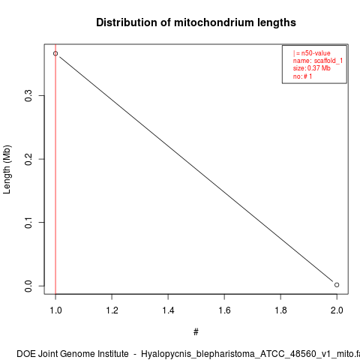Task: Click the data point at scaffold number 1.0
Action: tap(55, 53)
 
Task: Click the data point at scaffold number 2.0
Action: tap(337, 285)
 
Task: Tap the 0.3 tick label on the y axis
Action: tap(28, 96)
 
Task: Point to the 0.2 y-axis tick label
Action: tap(28, 159)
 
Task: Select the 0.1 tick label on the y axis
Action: tap(28, 222)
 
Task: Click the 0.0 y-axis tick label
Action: tap(28, 286)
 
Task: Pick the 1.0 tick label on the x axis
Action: tap(55, 310)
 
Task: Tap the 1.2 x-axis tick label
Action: tap(112, 310)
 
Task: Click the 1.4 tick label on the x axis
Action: tap(168, 310)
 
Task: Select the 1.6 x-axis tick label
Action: tap(224, 310)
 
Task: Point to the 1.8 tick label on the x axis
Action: tap(280, 310)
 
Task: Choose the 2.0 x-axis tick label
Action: tap(337, 310)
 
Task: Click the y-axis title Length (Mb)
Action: tap(7, 169)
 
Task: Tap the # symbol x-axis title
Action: tap(196, 332)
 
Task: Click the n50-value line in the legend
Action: tap(311, 53)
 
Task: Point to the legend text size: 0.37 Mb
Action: tap(312, 68)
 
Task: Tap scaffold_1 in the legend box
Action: tap(328, 61)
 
